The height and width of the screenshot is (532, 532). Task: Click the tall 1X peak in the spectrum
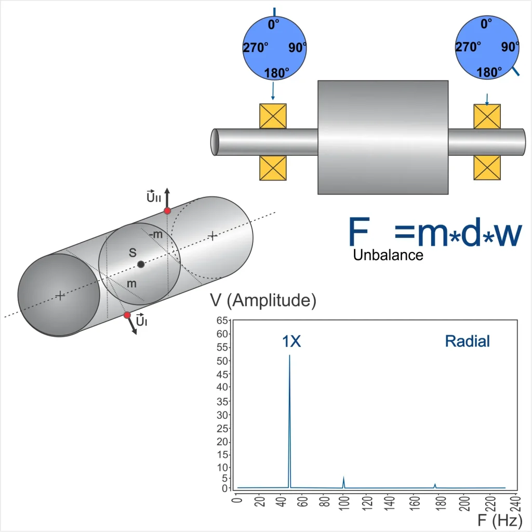pyautogui.click(x=289, y=421)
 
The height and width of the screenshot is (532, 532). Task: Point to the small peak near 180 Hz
pyautogui.click(x=435, y=486)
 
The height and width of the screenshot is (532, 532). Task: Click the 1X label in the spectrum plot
pyautogui.click(x=291, y=341)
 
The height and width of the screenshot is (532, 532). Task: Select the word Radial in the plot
pyautogui.click(x=467, y=341)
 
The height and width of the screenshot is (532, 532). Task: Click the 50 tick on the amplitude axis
pyautogui.click(x=222, y=361)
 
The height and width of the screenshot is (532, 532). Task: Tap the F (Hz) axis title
pyautogui.click(x=499, y=520)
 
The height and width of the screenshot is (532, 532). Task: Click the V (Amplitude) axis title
pyautogui.click(x=263, y=301)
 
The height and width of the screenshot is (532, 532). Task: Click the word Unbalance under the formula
pyautogui.click(x=388, y=255)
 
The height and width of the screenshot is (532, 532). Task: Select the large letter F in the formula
pyautogui.click(x=359, y=232)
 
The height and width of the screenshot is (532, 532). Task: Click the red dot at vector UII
pyautogui.click(x=167, y=211)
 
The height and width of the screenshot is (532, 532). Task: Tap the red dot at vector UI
pyautogui.click(x=127, y=315)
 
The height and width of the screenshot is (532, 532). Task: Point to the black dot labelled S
pyautogui.click(x=141, y=264)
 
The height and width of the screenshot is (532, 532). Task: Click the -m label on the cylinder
pyautogui.click(x=155, y=234)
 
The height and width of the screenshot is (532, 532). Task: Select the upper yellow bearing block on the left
pyautogui.click(x=273, y=116)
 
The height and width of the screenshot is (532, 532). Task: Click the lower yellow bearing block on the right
pyautogui.click(x=487, y=168)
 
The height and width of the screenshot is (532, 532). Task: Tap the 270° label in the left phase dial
pyautogui.click(x=256, y=47)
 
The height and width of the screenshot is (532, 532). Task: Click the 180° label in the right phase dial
pyautogui.click(x=489, y=72)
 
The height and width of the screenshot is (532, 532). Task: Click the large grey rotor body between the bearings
pyautogui.click(x=383, y=137)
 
